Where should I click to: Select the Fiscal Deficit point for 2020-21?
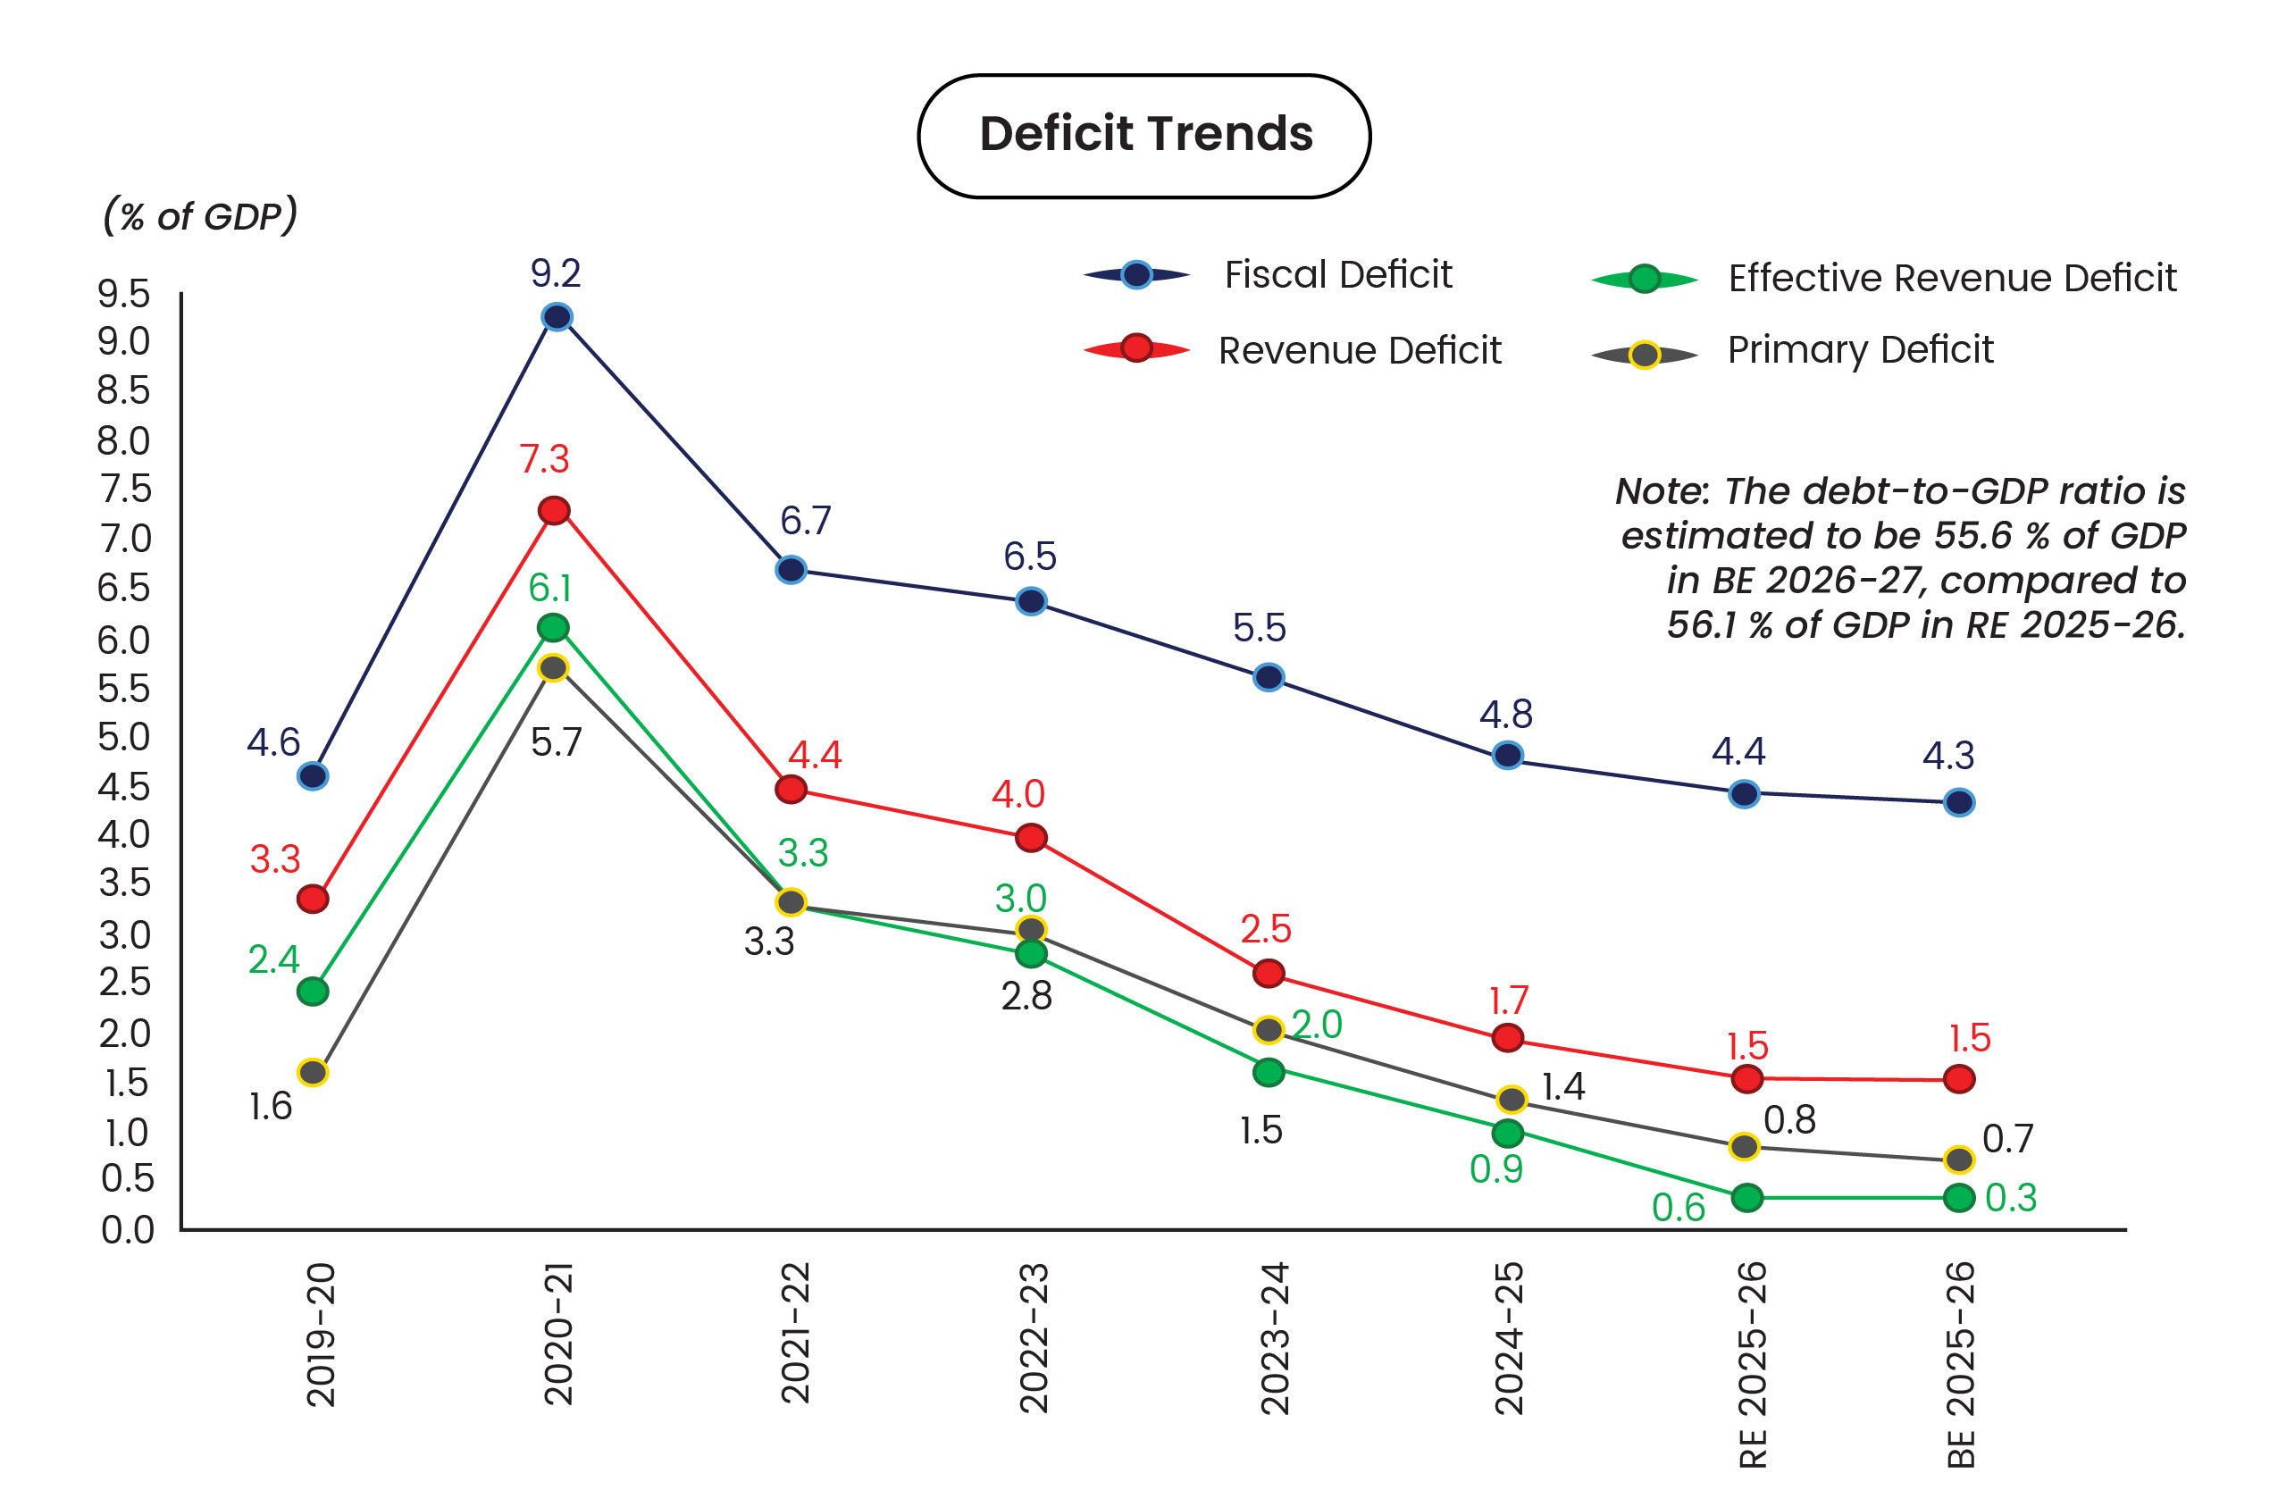[x=557, y=317]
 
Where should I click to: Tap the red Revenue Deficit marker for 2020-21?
[x=554, y=510]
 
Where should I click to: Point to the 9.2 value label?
[x=556, y=274]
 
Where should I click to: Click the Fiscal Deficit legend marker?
[x=1136, y=275]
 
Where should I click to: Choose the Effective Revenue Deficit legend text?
[x=1951, y=279]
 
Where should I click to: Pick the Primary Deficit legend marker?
[x=1645, y=356]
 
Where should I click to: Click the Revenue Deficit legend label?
[x=1359, y=351]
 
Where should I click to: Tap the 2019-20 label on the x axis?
[x=321, y=1335]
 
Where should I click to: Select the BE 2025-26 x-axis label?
[x=1961, y=1365]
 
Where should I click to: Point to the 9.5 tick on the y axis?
[x=124, y=294]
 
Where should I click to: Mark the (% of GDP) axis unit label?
[x=200, y=216]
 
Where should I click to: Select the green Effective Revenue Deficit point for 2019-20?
[x=313, y=992]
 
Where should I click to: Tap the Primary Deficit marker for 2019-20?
[x=313, y=1073]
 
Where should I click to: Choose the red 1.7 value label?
[x=1508, y=1001]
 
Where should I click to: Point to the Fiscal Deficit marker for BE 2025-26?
[x=1959, y=802]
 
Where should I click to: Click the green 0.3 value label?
[x=2011, y=1199]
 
